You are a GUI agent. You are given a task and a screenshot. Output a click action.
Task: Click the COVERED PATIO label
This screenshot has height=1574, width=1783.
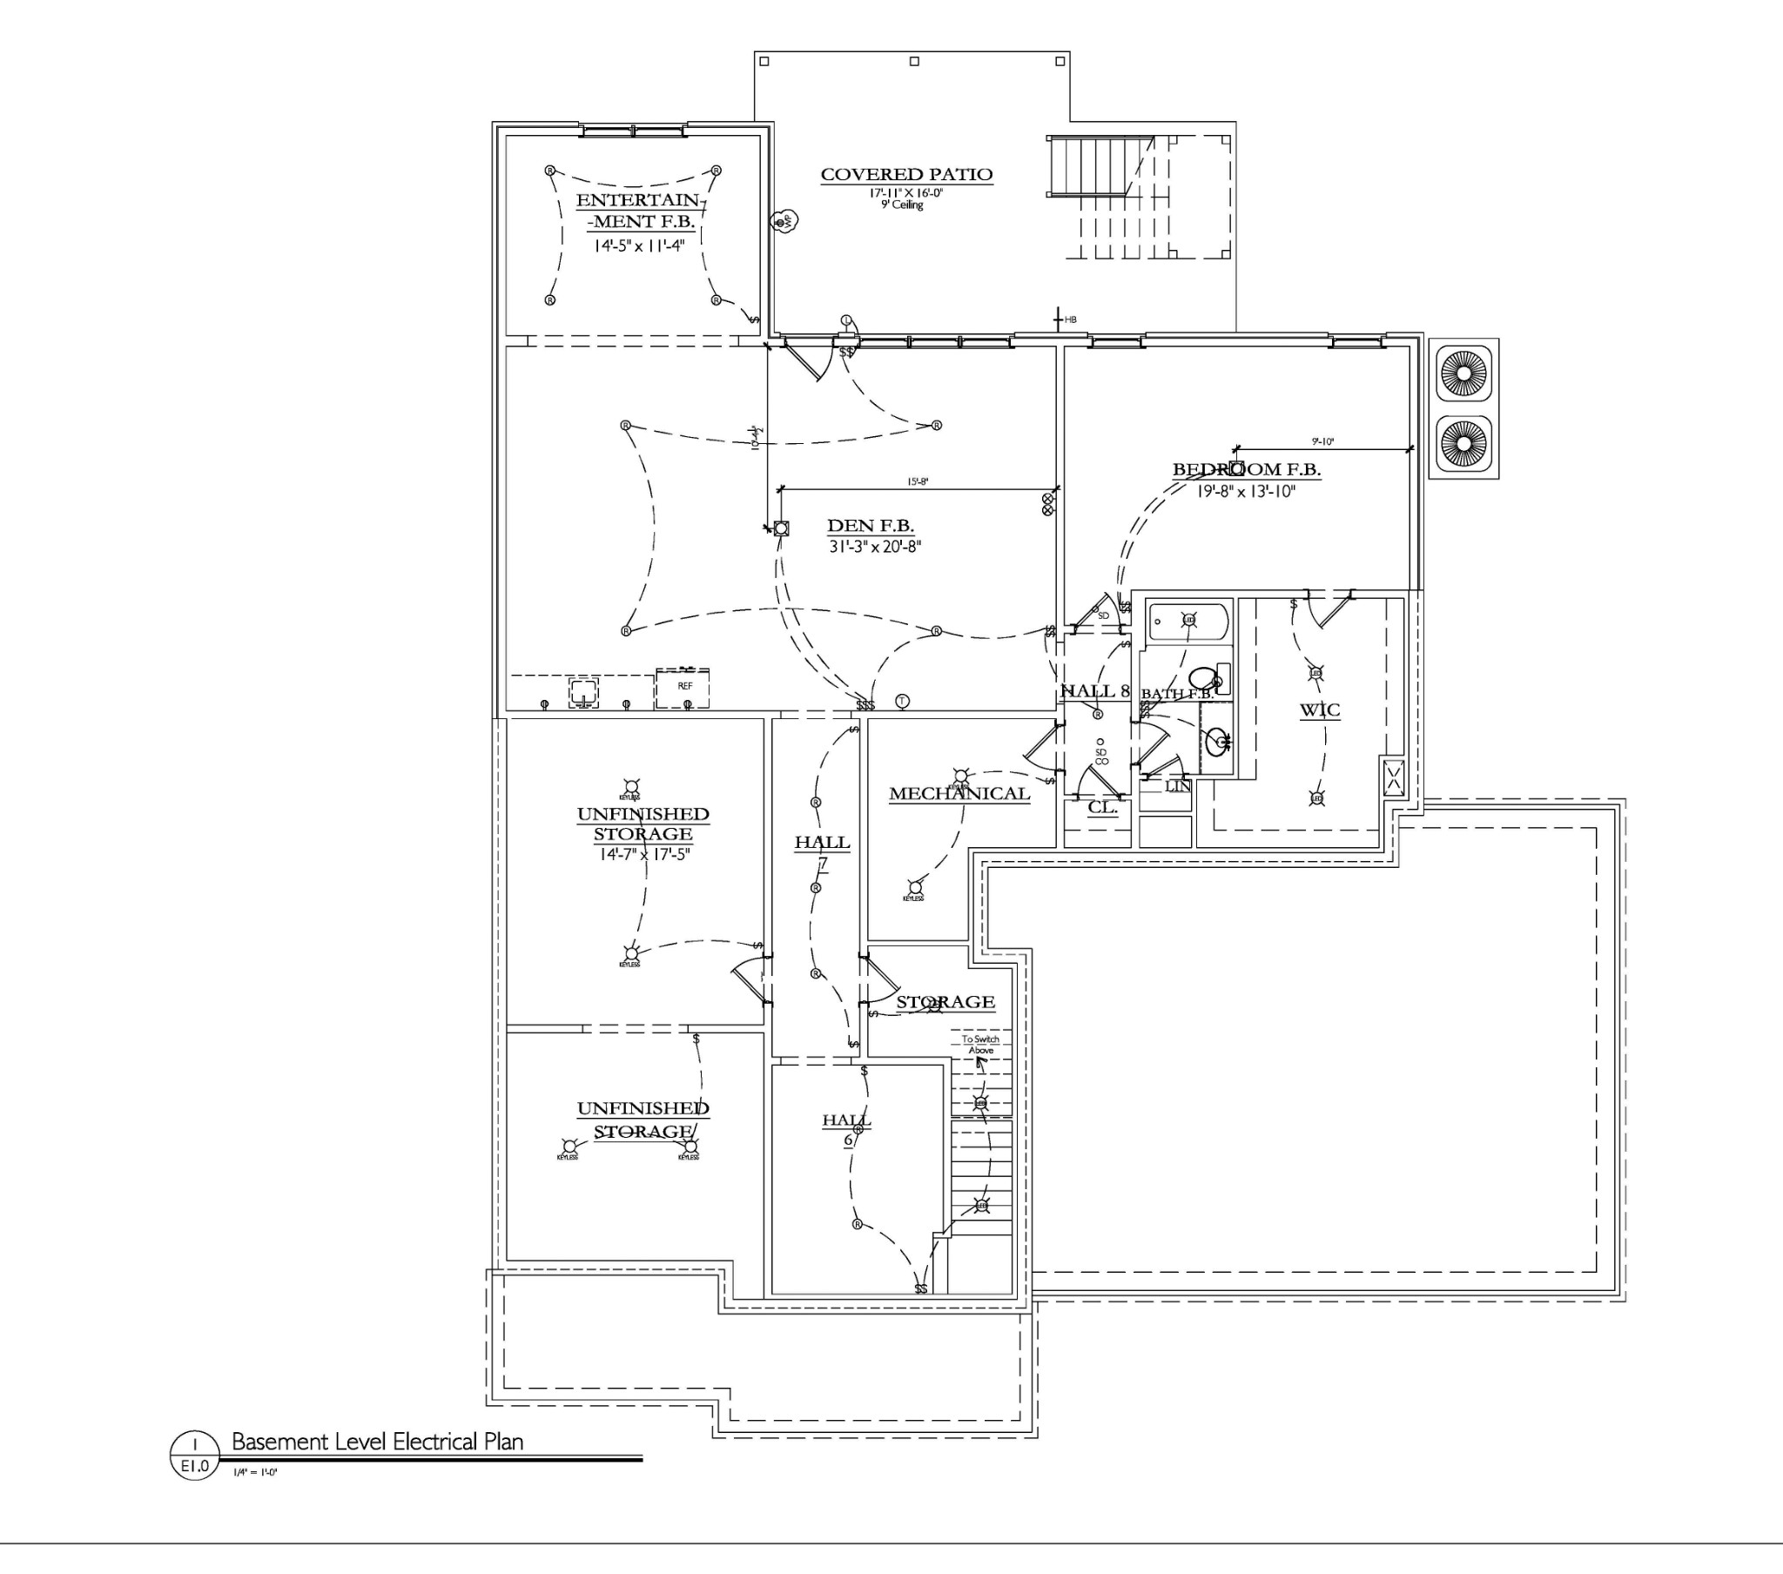906,174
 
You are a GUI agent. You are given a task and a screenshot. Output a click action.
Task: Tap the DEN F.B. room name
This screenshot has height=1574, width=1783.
870,526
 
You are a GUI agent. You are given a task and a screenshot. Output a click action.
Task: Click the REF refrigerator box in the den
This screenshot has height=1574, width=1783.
683,688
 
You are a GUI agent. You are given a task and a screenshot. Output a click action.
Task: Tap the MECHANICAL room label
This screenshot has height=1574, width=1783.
959,794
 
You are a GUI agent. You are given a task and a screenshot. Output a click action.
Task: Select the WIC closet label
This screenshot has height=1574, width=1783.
1319,710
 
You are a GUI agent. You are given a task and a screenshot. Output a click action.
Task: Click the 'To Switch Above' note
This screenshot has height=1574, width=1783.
980,1045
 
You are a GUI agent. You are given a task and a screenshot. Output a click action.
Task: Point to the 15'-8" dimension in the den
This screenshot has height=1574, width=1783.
917,481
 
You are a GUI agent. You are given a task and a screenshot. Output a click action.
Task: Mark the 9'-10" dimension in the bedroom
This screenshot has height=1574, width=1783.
1322,442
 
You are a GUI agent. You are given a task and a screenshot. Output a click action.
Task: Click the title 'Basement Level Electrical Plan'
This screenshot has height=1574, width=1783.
377,1443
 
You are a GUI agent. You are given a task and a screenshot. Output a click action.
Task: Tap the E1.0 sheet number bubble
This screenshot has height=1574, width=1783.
193,1467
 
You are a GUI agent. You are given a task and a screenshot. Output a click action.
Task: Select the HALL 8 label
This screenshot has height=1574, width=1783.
1093,691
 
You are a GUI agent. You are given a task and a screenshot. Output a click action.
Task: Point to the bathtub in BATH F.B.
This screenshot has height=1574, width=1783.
1188,621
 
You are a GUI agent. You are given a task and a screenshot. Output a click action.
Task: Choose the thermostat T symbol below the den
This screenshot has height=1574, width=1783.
903,702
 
